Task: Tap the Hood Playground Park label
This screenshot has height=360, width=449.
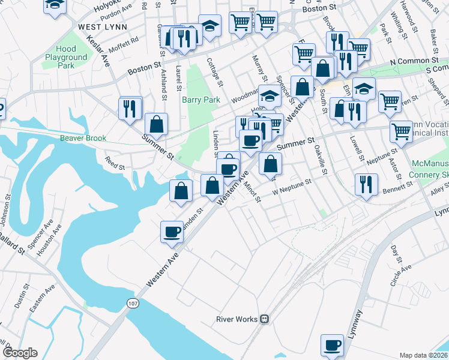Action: pyautogui.click(x=65, y=58)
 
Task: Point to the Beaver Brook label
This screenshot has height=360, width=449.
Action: pyautogui.click(x=83, y=138)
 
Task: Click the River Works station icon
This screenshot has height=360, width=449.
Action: pyautogui.click(x=264, y=319)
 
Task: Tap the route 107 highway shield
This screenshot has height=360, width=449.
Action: pyautogui.click(x=131, y=302)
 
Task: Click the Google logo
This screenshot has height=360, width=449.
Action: pyautogui.click(x=20, y=353)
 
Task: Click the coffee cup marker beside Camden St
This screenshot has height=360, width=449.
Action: pyautogui.click(x=172, y=232)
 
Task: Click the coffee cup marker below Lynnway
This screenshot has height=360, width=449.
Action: pyautogui.click(x=332, y=345)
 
